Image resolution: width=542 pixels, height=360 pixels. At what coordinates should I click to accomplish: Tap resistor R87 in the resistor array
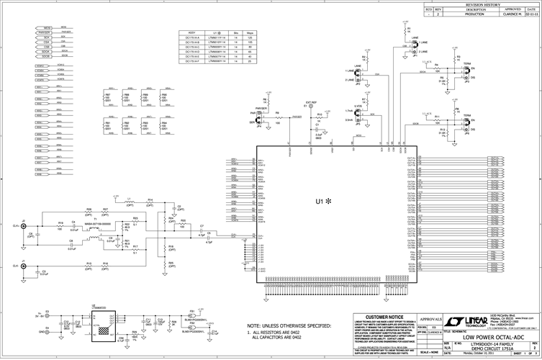click(x=108, y=96)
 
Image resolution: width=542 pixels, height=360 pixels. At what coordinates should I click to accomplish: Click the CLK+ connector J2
click(x=24, y=225)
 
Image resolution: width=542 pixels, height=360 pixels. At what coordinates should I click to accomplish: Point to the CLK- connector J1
click(x=24, y=267)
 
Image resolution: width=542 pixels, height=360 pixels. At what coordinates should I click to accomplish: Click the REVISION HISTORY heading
click(x=480, y=4)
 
